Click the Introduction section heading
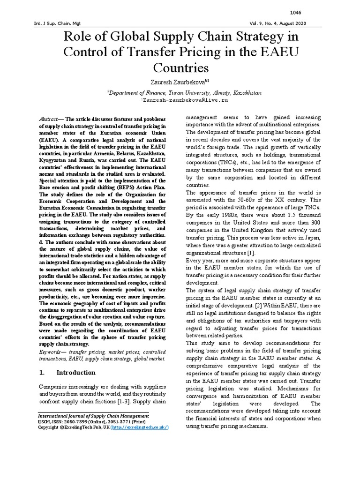pos(75,373)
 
